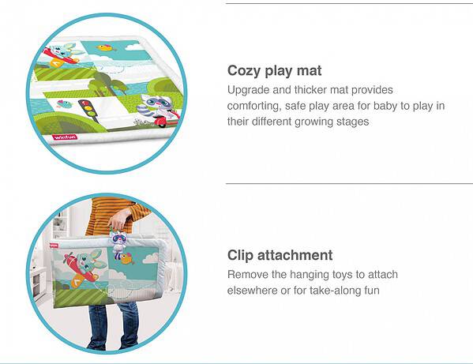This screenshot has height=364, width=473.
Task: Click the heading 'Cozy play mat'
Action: point(274,71)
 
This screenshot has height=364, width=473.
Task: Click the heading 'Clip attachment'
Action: point(280,255)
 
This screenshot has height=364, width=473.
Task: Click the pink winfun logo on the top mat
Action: point(65,137)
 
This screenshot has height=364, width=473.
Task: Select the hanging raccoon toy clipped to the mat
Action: point(118,244)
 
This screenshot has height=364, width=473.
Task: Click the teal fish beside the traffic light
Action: point(65,104)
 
